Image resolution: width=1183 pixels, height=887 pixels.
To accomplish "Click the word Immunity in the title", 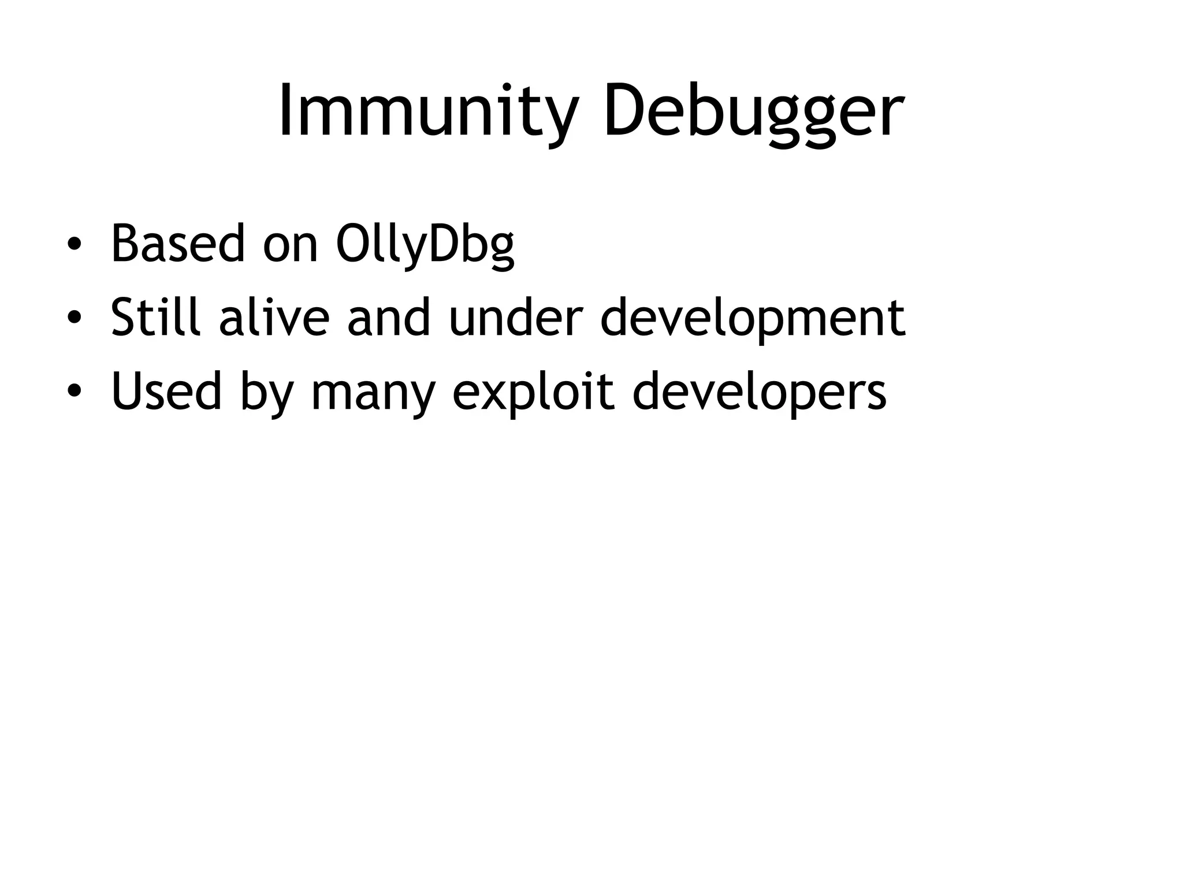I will click(428, 111).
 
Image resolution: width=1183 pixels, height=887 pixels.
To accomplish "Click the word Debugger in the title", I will click(753, 111).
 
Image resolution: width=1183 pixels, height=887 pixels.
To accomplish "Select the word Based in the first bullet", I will click(178, 244).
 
